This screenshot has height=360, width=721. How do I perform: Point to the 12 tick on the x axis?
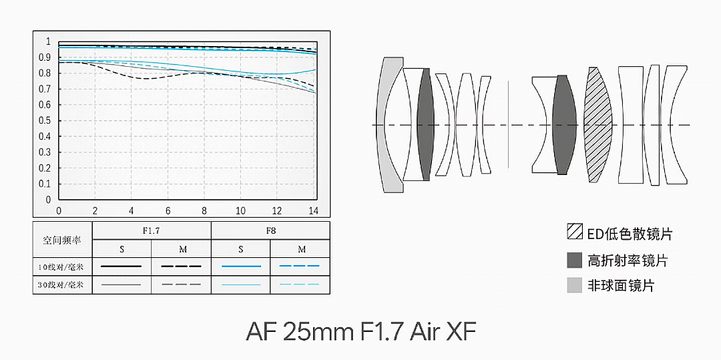[277, 211]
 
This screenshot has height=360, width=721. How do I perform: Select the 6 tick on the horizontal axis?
[168, 211]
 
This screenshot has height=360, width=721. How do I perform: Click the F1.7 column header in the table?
[152, 231]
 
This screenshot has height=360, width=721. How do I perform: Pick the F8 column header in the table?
[270, 231]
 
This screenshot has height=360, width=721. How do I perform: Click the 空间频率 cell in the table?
[62, 240]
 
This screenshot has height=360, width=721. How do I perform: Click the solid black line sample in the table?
[121, 266]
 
